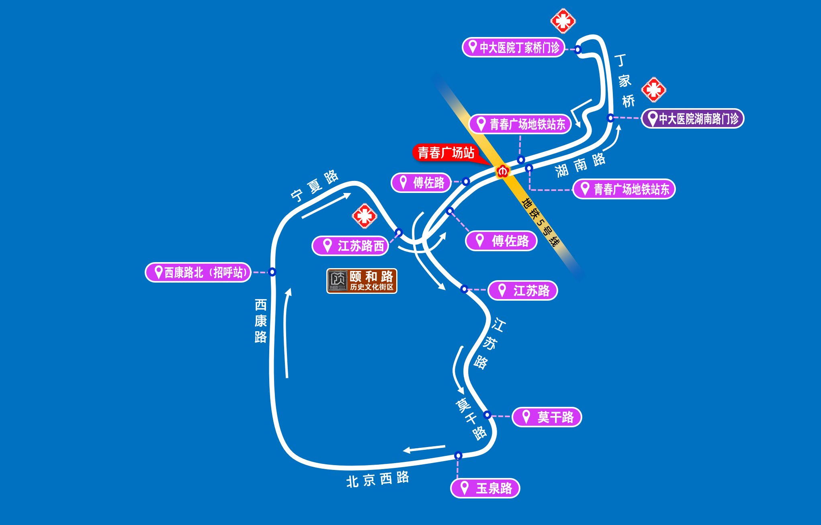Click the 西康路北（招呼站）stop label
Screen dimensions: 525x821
pyautogui.click(x=198, y=273)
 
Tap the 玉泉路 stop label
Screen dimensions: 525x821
pyautogui.click(x=485, y=488)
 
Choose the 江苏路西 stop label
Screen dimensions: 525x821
pyautogui.click(x=350, y=246)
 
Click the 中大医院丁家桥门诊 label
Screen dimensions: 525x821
pyautogui.click(x=513, y=47)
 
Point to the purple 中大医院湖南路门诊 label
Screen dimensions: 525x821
pyautogui.click(x=692, y=119)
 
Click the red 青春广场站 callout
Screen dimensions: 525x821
pyautogui.click(x=446, y=153)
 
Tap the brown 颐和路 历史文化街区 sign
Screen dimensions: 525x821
pyautogui.click(x=362, y=281)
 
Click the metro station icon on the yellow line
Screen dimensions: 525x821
pyautogui.click(x=503, y=171)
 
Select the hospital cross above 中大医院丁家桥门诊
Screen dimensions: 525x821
pyautogui.click(x=563, y=21)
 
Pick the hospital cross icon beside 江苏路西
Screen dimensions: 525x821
pyautogui.click(x=364, y=216)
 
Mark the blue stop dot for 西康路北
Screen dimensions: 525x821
pyautogui.click(x=272, y=272)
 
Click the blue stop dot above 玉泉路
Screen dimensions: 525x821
pyautogui.click(x=458, y=455)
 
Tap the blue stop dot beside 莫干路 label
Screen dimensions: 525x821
pyautogui.click(x=487, y=414)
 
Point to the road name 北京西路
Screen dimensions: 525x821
pyautogui.click(x=377, y=479)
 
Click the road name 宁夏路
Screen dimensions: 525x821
pyautogui.click(x=315, y=185)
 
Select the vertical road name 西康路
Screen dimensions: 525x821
pyautogui.click(x=261, y=321)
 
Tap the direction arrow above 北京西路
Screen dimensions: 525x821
pyautogui.click(x=424, y=448)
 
